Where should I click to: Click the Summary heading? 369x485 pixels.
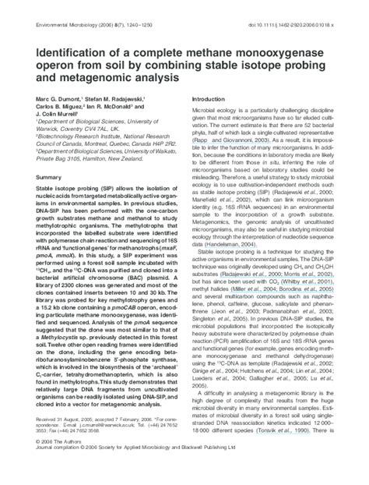pos(50,178)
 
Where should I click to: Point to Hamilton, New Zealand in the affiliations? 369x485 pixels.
pos(108,158)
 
